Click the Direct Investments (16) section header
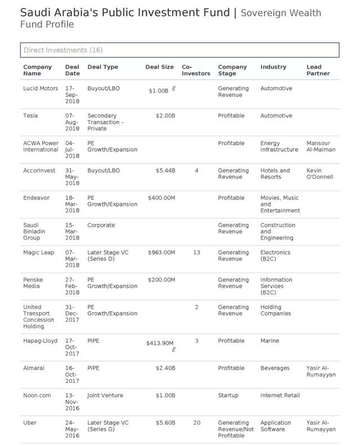pos(63,50)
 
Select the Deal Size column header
pos(160,67)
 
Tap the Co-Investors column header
pos(196,70)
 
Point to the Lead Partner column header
pos(318,70)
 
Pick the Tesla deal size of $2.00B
pos(166,116)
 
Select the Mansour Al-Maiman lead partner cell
pos(321,146)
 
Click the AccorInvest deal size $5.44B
pos(166,170)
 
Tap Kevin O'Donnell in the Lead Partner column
pos(320,174)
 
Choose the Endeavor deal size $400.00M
pos(161,198)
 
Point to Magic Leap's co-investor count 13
pos(196,253)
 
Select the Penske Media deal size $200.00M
pos(161,280)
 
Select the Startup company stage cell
pos(228,395)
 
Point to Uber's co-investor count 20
pos(196,423)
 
